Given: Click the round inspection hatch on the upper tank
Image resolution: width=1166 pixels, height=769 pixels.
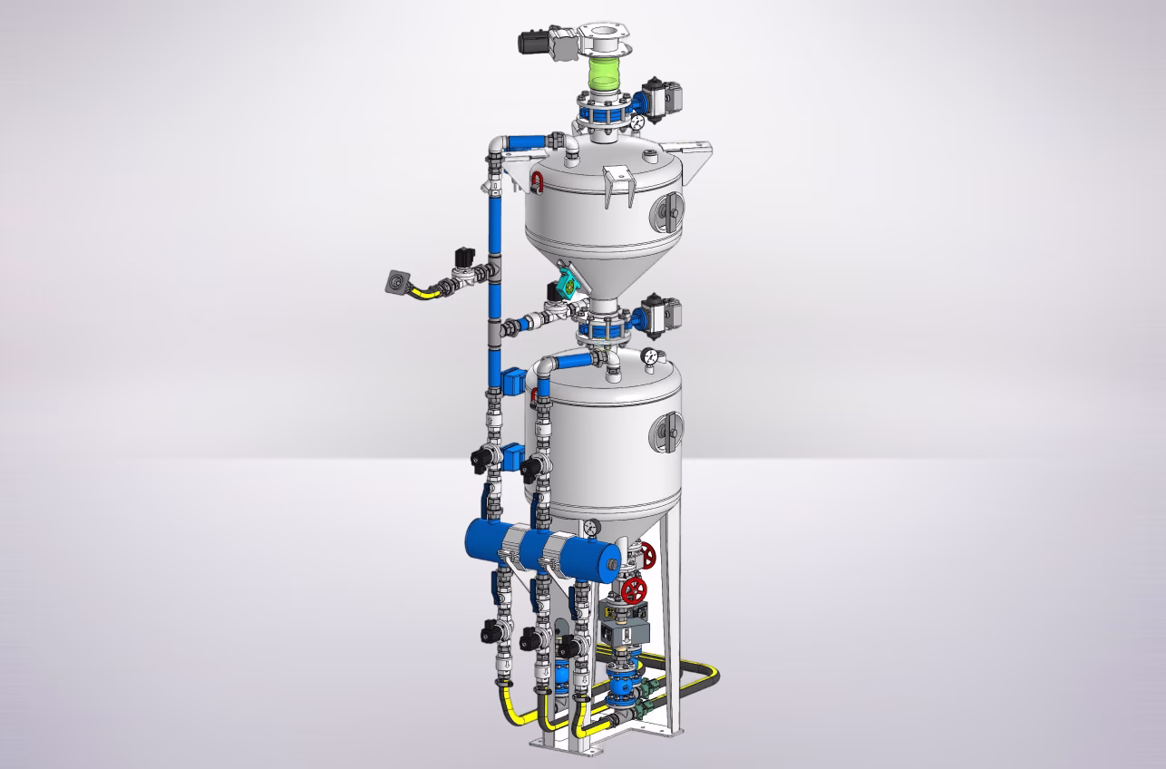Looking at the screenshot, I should [x=668, y=210].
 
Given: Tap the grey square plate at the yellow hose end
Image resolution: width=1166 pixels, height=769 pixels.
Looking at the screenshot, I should [x=396, y=282].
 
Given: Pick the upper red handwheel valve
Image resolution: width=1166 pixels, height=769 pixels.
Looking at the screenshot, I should [x=646, y=554].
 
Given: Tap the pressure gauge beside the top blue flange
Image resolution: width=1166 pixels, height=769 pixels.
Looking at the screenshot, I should [x=637, y=121].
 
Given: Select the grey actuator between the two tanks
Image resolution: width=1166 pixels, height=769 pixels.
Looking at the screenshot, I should [x=659, y=315].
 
